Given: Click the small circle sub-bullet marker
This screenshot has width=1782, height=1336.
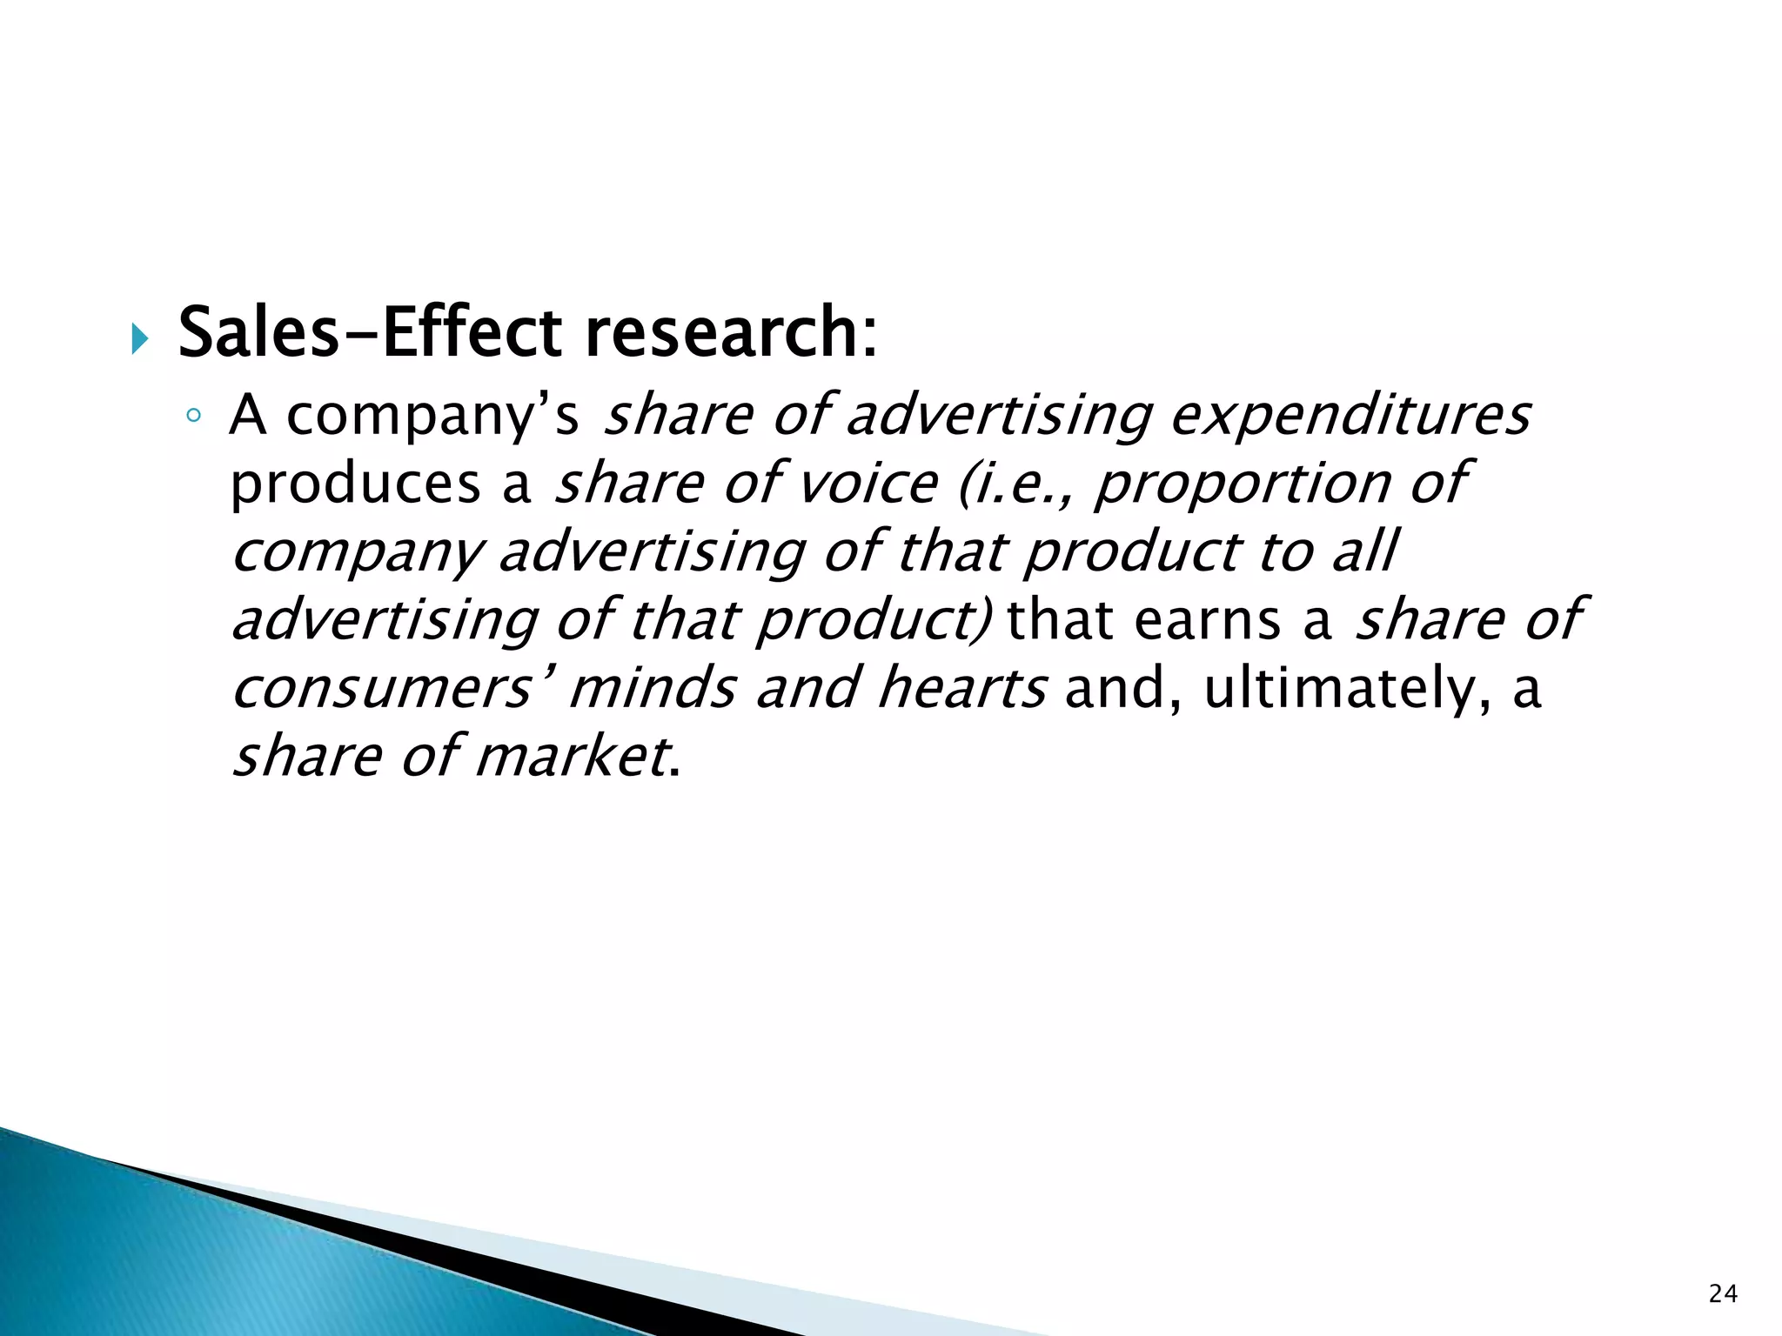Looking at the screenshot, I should (x=193, y=417).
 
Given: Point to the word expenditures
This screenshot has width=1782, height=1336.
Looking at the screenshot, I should (x=1350, y=416).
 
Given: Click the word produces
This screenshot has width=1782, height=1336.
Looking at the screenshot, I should (x=355, y=485).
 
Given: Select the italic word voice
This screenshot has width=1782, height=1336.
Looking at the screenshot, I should (x=868, y=484).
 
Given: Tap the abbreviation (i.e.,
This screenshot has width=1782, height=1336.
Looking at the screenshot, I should (x=1014, y=484).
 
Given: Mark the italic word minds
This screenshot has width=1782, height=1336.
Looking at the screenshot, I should (x=652, y=688).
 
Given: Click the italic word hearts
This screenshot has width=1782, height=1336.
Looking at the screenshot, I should (x=961, y=688).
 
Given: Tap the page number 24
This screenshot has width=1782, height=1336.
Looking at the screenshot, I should (x=1723, y=1294).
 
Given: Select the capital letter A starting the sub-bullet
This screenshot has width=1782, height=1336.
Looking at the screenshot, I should (x=248, y=416).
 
